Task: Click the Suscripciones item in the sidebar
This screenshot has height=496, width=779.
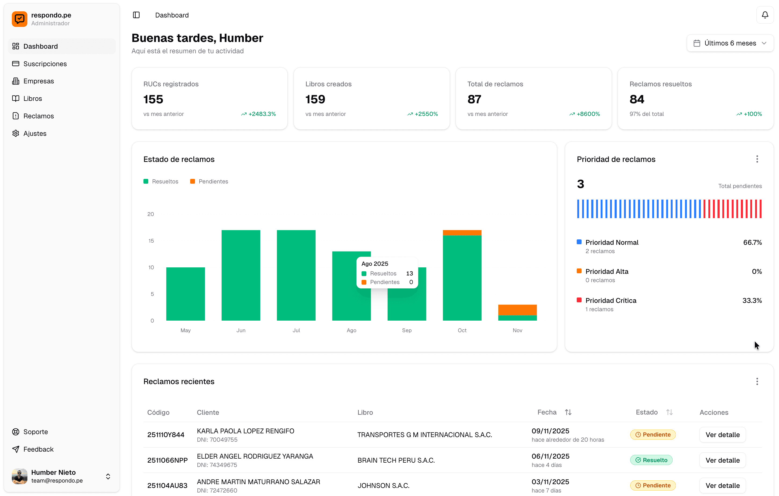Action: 45,64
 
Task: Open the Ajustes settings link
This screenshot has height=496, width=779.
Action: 35,133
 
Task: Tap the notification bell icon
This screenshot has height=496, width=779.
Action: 765,15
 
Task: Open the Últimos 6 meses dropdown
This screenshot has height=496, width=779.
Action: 730,43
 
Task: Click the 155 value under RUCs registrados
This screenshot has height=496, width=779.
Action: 153,99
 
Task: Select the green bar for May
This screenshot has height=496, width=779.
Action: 185,293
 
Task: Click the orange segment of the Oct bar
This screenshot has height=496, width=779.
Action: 462,233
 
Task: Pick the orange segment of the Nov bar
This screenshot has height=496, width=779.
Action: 517,310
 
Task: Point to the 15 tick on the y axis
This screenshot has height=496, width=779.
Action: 151,241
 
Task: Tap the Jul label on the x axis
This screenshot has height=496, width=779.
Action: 296,330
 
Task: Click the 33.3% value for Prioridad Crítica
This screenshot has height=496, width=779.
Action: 752,301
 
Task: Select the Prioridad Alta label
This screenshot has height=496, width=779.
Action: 607,271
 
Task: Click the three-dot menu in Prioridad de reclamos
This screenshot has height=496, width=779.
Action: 757,159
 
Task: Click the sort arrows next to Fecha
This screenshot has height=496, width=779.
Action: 568,412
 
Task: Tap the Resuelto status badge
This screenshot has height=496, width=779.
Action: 651,460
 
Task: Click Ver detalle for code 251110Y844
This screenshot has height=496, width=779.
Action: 722,435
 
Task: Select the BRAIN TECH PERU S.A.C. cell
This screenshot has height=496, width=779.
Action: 396,460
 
